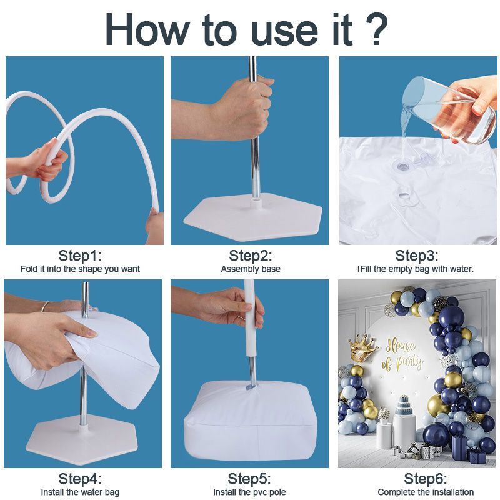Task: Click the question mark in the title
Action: coord(377,29)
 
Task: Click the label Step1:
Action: coord(80,256)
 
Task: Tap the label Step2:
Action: coord(251,256)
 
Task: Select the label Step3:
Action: coord(417,256)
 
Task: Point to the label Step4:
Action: coord(80,479)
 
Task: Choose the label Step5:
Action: coord(249,479)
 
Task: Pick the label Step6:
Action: coord(426,479)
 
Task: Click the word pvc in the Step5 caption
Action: coord(260,492)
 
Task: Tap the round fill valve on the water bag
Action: coord(403,166)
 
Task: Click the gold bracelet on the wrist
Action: coord(46,306)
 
